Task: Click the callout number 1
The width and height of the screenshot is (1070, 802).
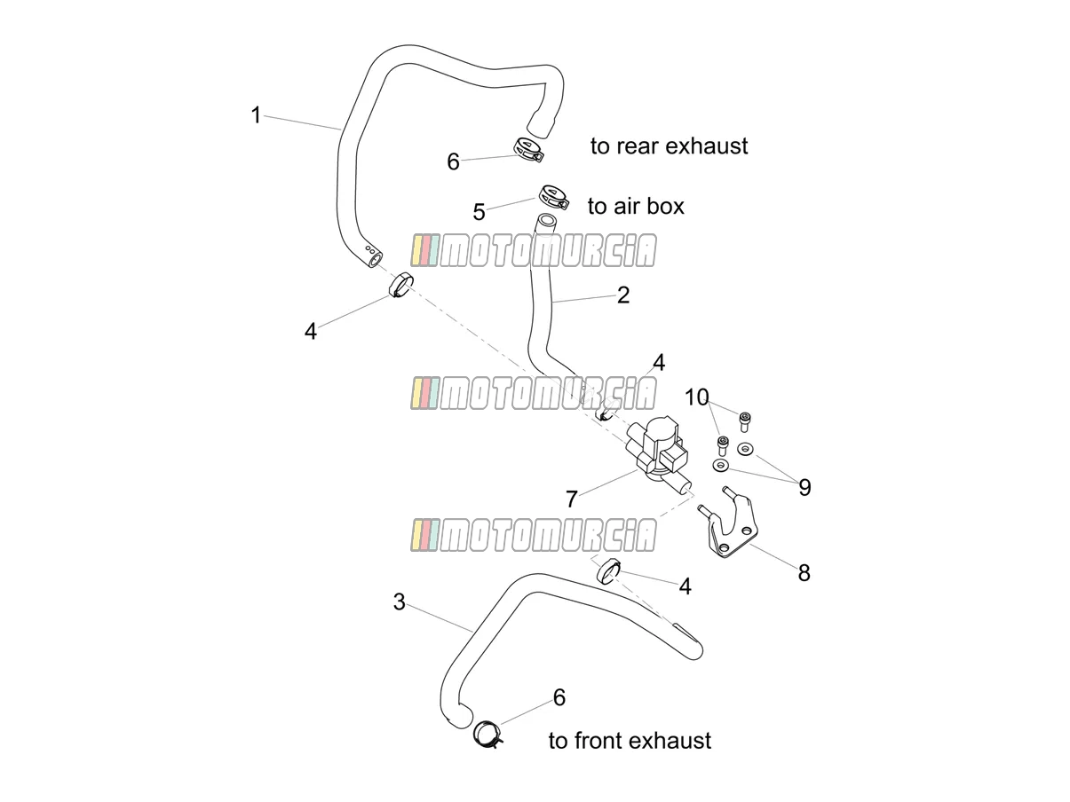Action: tap(256, 115)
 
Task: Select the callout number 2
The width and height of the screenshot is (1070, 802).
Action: tap(623, 295)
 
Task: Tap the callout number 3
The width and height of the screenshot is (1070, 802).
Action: tap(400, 601)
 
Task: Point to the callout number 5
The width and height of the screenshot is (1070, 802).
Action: tap(479, 212)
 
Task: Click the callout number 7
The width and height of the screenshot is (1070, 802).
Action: tap(571, 499)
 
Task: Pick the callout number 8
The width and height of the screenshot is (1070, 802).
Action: tap(804, 573)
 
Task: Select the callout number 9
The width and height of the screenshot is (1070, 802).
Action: tap(804, 487)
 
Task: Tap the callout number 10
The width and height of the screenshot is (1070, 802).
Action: tap(696, 397)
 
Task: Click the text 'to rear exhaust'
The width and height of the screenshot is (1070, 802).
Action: tap(669, 146)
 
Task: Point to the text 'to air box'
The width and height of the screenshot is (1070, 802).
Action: tap(636, 207)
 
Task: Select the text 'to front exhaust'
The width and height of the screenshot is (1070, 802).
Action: tap(630, 741)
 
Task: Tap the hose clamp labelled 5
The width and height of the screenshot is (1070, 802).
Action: tap(554, 197)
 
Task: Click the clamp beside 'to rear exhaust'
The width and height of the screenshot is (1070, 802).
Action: tap(528, 150)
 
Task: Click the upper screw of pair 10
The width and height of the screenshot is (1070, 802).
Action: tap(744, 421)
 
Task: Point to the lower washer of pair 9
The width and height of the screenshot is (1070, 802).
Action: tap(720, 465)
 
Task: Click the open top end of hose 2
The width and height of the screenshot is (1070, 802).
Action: tap(546, 220)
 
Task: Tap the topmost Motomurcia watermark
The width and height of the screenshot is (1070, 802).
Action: tap(534, 251)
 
